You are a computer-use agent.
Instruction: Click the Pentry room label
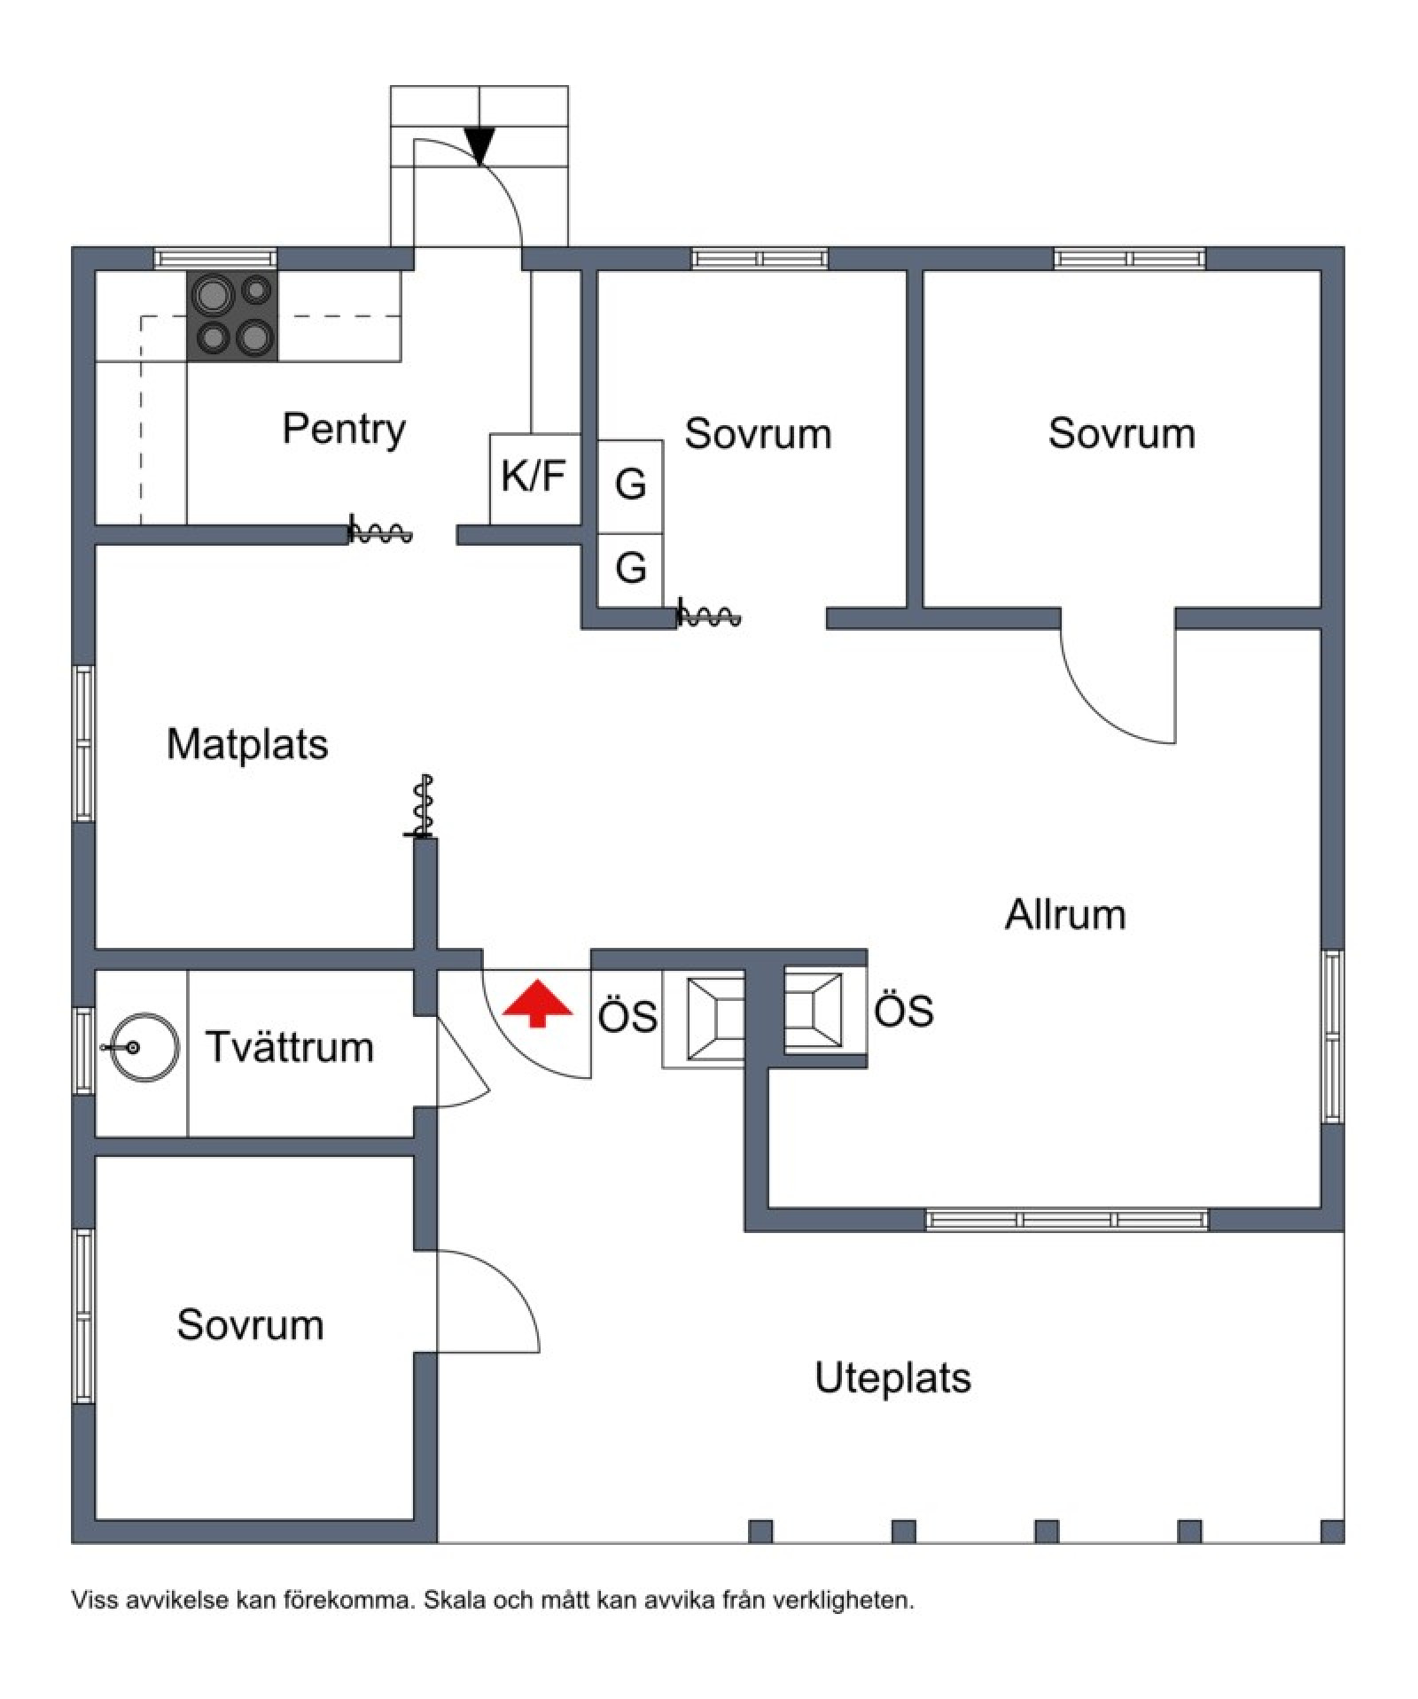click(x=344, y=430)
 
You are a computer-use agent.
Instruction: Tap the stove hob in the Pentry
click(x=232, y=315)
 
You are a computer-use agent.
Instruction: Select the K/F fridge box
click(x=535, y=478)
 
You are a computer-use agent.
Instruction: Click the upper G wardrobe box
click(x=630, y=486)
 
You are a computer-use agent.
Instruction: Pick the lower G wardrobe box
click(x=630, y=570)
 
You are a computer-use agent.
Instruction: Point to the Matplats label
click(x=247, y=744)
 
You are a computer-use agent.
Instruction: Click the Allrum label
click(x=1065, y=914)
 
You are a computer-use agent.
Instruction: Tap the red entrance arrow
click(x=537, y=1003)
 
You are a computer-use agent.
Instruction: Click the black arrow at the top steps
click(x=479, y=146)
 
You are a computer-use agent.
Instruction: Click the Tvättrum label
click(x=290, y=1047)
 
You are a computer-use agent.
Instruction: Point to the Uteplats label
click(x=892, y=1378)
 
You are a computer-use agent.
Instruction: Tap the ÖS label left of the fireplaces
click(x=627, y=1016)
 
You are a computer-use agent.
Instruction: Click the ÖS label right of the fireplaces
click(x=904, y=1011)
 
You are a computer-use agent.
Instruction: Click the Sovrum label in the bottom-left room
click(x=250, y=1325)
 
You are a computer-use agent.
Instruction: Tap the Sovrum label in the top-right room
click(x=1122, y=434)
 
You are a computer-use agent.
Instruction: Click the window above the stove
click(x=216, y=259)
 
